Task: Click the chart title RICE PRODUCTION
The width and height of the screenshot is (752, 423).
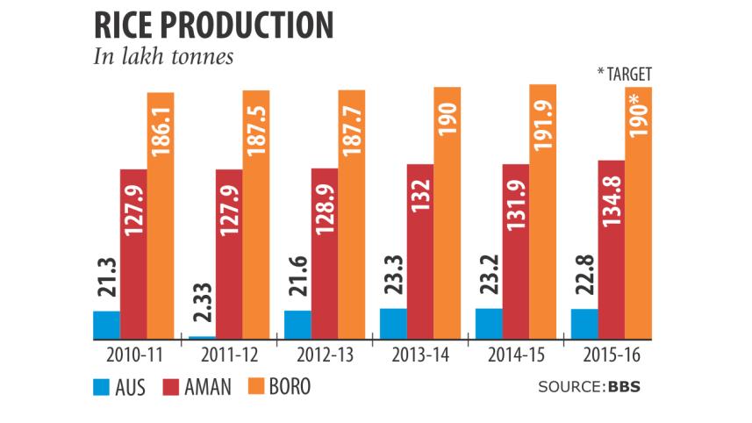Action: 212,24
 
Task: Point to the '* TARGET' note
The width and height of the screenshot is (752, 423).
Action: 623,75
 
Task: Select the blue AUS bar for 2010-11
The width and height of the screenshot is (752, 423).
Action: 106,325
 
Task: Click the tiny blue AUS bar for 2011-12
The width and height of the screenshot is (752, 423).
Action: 202,337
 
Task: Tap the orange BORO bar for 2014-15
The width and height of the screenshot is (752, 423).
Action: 542,211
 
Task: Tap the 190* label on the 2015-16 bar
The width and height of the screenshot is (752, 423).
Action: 638,132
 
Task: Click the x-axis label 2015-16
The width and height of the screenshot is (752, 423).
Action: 612,356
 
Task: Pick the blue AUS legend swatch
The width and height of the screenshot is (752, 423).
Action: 100,387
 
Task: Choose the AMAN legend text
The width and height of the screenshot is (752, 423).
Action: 209,387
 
